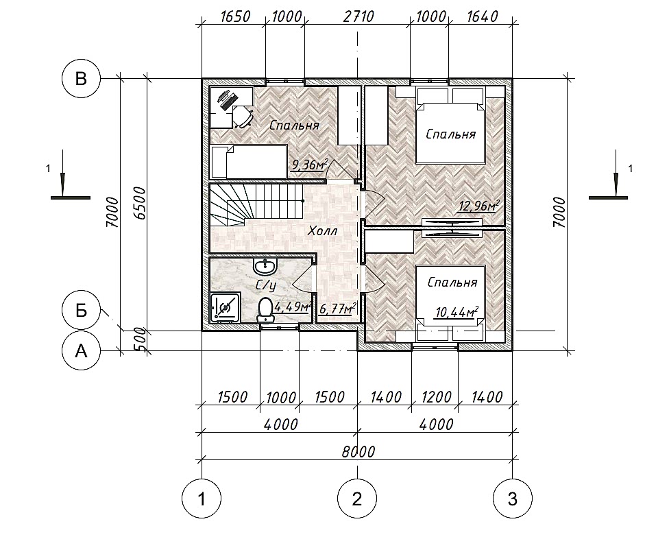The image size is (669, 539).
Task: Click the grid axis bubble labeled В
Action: coord(81,79)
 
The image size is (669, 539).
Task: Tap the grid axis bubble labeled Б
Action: coord(81,311)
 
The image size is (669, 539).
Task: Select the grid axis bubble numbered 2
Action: coord(357,498)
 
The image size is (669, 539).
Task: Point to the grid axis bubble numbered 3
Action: coord(513,498)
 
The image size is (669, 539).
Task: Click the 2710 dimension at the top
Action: coord(358,16)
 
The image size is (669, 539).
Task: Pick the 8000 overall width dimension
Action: coord(358,451)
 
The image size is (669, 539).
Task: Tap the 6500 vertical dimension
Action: coord(140,203)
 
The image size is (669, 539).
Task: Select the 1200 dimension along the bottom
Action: coord(435,397)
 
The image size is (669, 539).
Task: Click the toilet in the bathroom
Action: coord(265,309)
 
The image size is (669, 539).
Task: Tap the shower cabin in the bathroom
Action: coord(225,307)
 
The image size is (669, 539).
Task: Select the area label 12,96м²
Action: coord(478,206)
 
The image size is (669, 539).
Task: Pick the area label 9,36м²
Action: coord(309,165)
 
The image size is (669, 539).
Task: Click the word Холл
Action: coord(323,231)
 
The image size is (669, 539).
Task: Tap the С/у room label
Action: coord(265,285)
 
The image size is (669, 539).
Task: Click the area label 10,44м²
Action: coord(457,312)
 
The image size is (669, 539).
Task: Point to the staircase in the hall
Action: coord(256,205)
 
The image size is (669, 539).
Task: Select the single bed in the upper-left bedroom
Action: coord(249,162)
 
